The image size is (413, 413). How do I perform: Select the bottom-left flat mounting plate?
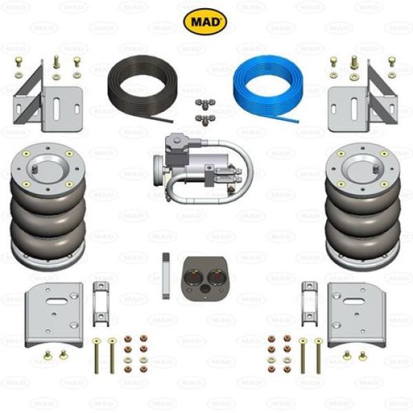(53, 314)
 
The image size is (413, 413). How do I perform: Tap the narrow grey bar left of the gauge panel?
(166, 275)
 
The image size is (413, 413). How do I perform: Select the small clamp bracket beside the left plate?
(101, 302)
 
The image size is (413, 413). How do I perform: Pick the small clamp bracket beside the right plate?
(309, 302)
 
